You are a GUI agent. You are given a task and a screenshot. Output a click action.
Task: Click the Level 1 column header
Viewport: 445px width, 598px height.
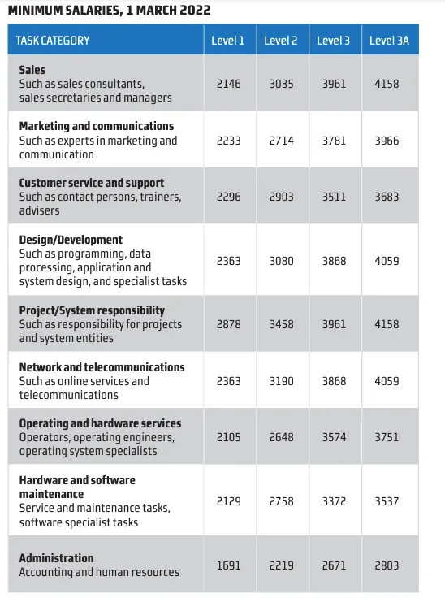point(227,41)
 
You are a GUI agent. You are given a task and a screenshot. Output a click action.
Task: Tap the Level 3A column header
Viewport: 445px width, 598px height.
point(389,41)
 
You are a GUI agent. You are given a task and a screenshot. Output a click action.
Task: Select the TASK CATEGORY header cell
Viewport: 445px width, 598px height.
point(53,41)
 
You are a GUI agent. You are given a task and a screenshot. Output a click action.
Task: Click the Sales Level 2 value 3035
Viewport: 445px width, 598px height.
point(282,84)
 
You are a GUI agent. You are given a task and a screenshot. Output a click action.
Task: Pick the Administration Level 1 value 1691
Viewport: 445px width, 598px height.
point(229,565)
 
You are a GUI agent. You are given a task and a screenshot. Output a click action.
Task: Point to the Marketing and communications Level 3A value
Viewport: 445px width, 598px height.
point(387,141)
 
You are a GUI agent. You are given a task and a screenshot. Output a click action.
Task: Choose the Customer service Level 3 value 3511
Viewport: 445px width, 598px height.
point(334,197)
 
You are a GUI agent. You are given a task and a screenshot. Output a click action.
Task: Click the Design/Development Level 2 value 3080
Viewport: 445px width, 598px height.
point(282,261)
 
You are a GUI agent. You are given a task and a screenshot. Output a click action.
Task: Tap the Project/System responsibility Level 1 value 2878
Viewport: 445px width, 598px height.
point(229,324)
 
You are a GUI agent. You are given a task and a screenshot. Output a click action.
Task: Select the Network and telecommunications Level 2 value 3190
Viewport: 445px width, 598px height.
point(282,381)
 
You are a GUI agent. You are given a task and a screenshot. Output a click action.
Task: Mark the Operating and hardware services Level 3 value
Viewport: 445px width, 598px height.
point(334,437)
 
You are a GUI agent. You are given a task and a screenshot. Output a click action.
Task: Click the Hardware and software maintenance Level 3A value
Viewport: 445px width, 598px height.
point(387,501)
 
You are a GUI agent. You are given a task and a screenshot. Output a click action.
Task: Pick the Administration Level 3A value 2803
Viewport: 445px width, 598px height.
point(387,565)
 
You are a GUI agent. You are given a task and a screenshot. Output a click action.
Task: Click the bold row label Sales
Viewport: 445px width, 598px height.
point(32,70)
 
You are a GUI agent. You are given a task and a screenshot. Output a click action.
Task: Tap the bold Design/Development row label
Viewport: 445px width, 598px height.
point(71,240)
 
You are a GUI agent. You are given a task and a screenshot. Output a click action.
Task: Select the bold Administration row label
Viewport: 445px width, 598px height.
point(56,558)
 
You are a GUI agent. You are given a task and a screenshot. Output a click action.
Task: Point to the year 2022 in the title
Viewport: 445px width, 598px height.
point(195,10)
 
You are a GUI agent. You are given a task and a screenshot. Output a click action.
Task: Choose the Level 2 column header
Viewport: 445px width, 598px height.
point(281,41)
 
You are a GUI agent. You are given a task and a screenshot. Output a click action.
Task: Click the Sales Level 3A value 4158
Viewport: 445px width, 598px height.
point(387,84)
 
